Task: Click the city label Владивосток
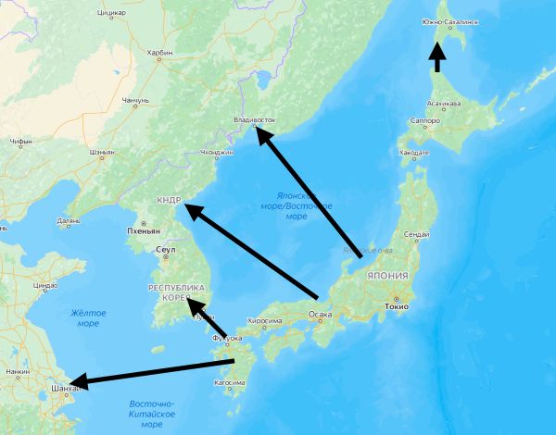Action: (x=256, y=119)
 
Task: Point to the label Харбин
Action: (x=159, y=53)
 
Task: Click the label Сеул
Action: (x=166, y=250)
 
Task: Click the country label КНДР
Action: (x=169, y=200)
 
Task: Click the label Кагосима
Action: (x=230, y=382)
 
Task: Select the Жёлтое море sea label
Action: (x=88, y=317)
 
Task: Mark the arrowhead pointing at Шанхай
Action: (x=78, y=380)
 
